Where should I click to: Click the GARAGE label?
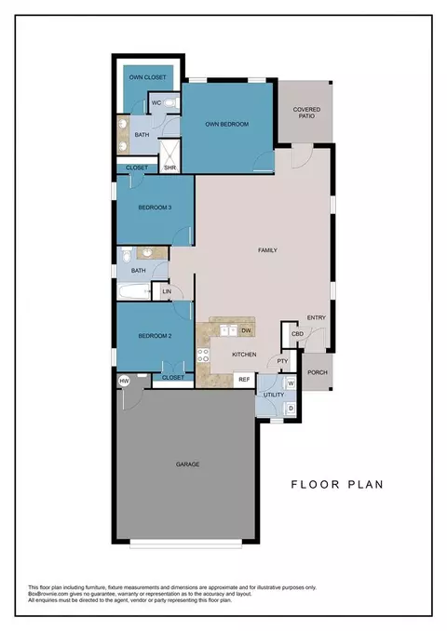[186, 463]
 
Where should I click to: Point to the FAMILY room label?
[268, 250]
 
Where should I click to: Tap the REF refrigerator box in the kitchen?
[244, 379]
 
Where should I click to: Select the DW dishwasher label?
[246, 330]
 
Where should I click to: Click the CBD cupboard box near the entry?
[297, 333]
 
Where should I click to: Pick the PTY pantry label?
[282, 362]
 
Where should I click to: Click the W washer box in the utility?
[290, 383]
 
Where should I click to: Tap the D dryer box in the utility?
[290, 407]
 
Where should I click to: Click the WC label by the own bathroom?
[156, 102]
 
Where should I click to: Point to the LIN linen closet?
[167, 292]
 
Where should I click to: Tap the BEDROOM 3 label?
[154, 208]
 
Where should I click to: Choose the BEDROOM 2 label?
[154, 335]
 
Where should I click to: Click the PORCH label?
[318, 372]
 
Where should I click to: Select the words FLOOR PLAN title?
[336, 484]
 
